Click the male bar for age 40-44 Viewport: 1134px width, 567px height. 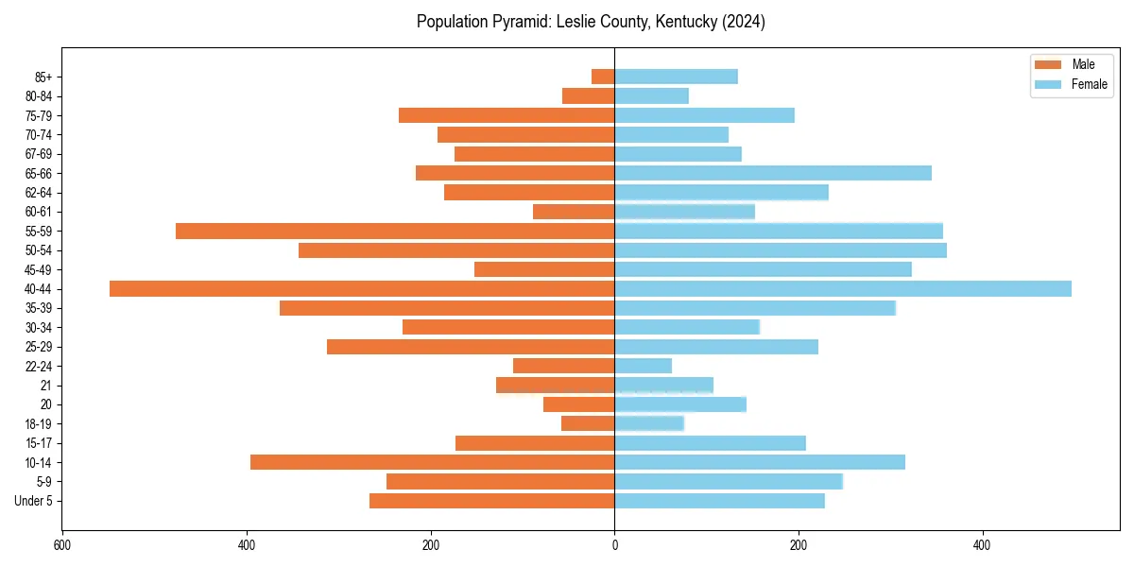coord(362,289)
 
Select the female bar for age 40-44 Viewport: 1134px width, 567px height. coord(843,289)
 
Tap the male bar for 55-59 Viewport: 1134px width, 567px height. coord(395,232)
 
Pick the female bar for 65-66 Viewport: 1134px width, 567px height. coord(773,173)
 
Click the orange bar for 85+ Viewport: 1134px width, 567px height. coord(603,77)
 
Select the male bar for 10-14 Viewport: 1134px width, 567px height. coord(433,462)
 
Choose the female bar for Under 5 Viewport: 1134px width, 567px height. coord(719,501)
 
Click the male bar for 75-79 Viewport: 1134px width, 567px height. coord(507,115)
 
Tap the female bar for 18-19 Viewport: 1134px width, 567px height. coord(649,423)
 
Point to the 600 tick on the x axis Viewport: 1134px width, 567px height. coord(62,545)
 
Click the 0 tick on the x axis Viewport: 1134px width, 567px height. coord(615,545)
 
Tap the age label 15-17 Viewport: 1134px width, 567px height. coord(39,443)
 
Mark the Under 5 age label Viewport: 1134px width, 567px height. coord(33,501)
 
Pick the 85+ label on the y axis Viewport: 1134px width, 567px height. coord(43,77)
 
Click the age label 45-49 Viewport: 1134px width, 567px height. coord(39,269)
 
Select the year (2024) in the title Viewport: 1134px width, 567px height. coord(744,22)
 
